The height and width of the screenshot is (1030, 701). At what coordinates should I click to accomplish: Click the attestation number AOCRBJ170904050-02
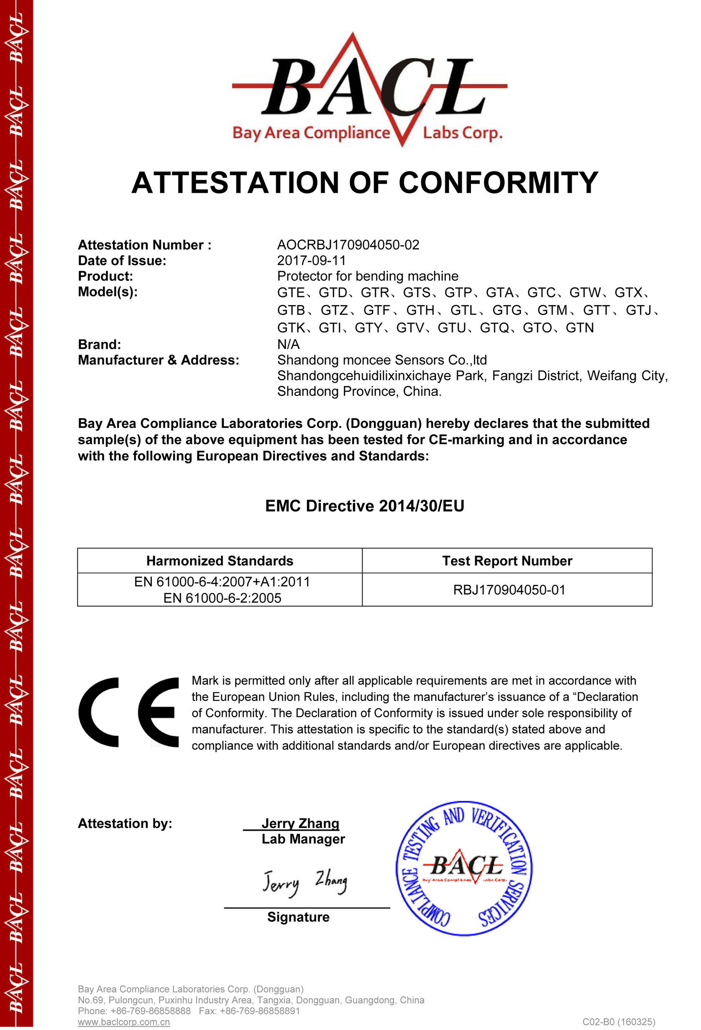348,245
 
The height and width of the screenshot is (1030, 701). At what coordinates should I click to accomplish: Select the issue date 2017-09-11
311,261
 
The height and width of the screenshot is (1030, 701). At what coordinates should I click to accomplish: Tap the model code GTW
585,292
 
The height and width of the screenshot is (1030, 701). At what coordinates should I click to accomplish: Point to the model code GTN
580,328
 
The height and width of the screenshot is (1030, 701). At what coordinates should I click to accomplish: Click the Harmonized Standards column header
220,561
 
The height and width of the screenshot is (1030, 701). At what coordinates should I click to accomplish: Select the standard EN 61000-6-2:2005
222,598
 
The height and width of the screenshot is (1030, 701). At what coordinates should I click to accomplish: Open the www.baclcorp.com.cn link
124,1022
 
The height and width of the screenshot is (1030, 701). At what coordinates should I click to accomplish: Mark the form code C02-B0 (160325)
619,1022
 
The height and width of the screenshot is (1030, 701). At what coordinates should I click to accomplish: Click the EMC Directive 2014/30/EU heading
364,506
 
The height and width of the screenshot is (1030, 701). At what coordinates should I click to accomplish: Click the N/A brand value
288,344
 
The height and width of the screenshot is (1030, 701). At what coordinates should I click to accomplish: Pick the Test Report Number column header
507,561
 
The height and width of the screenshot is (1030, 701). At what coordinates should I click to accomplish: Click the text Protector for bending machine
367,276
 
